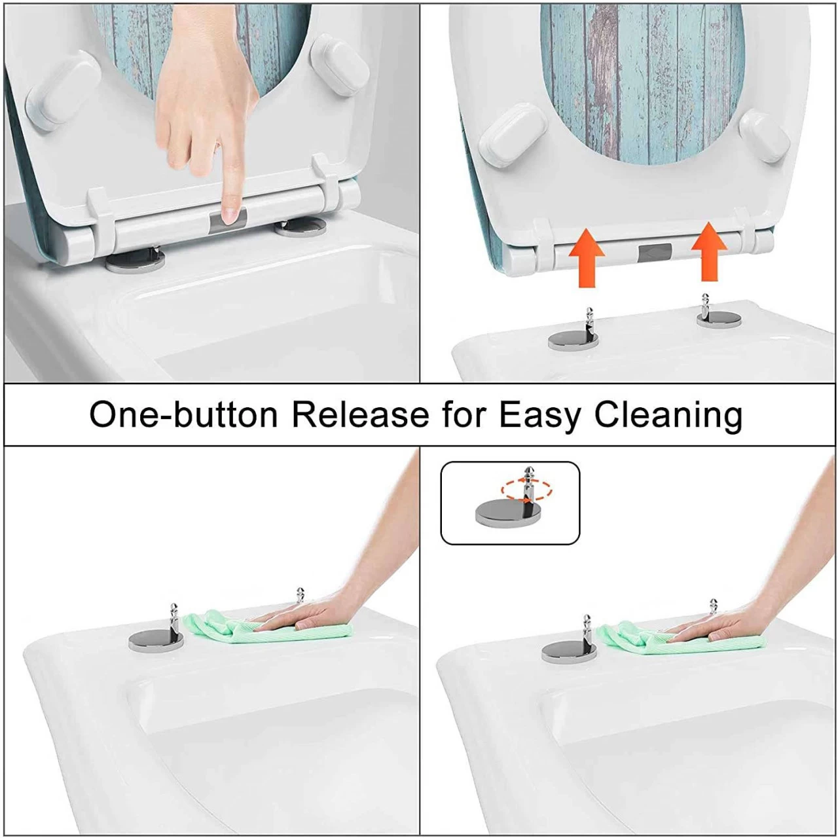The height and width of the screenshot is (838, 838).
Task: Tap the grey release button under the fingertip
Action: (228, 219)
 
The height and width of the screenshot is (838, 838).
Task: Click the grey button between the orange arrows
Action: (655, 252)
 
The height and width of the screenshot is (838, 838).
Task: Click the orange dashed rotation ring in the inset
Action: (526, 490)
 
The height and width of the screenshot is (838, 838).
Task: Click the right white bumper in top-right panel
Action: (763, 136)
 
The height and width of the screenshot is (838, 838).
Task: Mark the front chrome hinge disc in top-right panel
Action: (573, 340)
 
